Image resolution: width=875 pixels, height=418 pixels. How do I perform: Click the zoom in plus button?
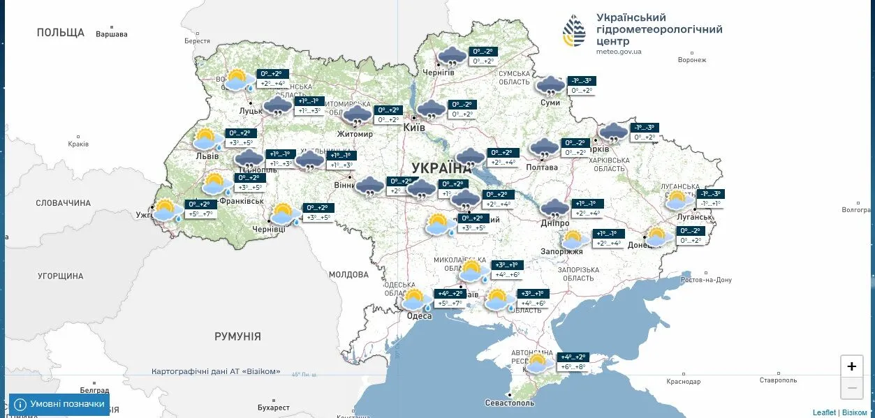click(x=851, y=366)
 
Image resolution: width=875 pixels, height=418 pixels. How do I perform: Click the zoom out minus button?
click(x=851, y=387)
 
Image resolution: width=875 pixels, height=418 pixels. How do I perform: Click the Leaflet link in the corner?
click(x=824, y=412)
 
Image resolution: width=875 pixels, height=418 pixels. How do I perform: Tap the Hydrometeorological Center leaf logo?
click(x=575, y=31)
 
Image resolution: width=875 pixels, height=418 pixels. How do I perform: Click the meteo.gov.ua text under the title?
click(x=619, y=52)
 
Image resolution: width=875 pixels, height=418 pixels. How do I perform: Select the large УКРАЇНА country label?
click(x=441, y=168)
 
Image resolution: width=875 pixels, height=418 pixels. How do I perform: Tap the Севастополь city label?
click(x=510, y=403)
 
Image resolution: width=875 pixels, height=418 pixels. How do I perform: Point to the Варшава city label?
click(x=112, y=33)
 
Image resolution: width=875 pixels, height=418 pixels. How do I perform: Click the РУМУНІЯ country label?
click(x=237, y=336)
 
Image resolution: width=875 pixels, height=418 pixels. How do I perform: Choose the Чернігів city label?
click(x=439, y=73)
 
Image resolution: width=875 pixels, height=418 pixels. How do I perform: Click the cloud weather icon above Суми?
click(x=550, y=86)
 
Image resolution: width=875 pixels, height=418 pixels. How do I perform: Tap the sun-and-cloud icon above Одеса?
click(x=416, y=300)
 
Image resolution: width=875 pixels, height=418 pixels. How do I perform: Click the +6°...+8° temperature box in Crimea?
click(x=573, y=366)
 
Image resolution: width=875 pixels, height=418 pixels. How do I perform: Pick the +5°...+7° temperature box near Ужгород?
click(x=199, y=214)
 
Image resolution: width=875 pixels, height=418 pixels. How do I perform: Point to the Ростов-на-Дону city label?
click(x=707, y=280)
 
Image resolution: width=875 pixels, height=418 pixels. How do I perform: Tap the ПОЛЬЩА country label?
click(x=61, y=33)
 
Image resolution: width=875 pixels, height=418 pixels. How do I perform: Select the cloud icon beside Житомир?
click(x=358, y=115)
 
